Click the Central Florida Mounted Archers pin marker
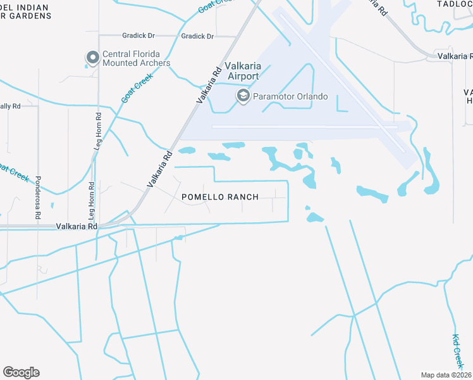click(x=92, y=58)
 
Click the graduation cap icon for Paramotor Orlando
click(x=243, y=96)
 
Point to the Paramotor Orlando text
click(x=290, y=96)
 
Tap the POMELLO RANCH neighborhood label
click(x=220, y=197)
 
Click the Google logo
click(x=21, y=372)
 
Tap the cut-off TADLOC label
click(x=455, y=4)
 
